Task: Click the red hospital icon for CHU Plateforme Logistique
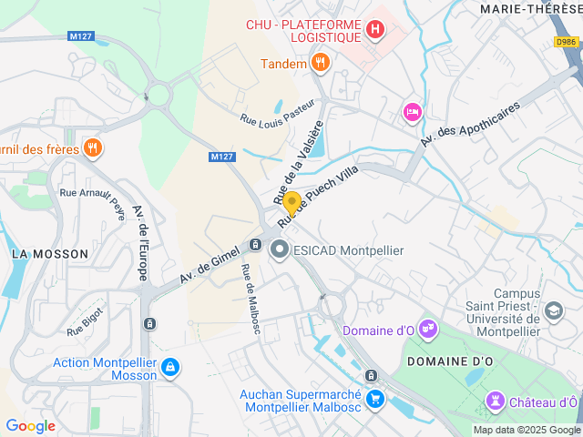pyautogui.click(x=374, y=30)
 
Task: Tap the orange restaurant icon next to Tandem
pyautogui.click(x=320, y=63)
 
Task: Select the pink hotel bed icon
pyautogui.click(x=412, y=111)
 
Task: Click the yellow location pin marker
pyautogui.click(x=291, y=202)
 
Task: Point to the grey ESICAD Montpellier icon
pyautogui.click(x=279, y=249)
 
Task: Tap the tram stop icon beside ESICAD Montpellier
pyautogui.click(x=255, y=245)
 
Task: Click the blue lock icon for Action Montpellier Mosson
pyautogui.click(x=169, y=368)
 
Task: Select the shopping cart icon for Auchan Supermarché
pyautogui.click(x=374, y=399)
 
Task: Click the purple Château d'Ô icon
pyautogui.click(x=495, y=401)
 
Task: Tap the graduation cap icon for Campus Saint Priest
pyautogui.click(x=553, y=312)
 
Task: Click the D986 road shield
pyautogui.click(x=567, y=42)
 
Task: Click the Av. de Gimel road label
pyautogui.click(x=210, y=262)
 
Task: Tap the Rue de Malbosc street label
pyautogui.click(x=251, y=299)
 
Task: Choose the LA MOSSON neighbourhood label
pyautogui.click(x=50, y=253)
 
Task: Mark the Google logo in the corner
pyautogui.click(x=30, y=426)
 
